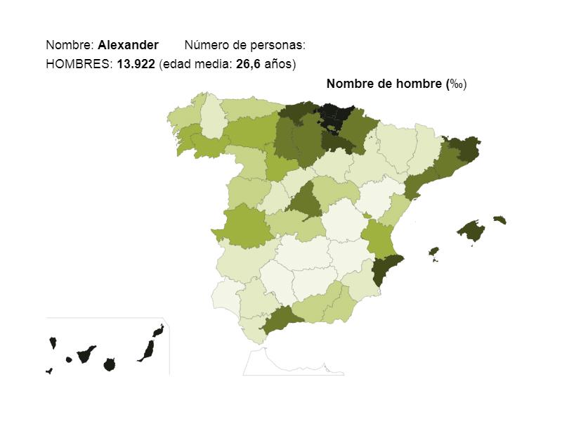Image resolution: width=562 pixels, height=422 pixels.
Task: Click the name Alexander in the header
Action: pyautogui.click(x=128, y=45)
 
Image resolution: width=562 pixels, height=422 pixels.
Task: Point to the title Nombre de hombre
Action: pyautogui.click(x=384, y=84)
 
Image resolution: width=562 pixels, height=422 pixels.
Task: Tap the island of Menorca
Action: pyautogui.click(x=499, y=219)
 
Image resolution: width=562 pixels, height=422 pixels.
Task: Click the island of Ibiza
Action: pyautogui.click(x=433, y=251)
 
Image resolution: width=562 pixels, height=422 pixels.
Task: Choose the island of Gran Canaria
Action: pyautogui.click(x=109, y=364)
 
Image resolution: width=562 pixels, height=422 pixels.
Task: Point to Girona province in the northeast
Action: pyautogui.click(x=464, y=148)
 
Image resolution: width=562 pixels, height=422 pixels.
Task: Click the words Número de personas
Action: pyautogui.click(x=244, y=45)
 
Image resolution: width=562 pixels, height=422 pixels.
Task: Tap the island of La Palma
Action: pyautogui.click(x=53, y=343)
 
